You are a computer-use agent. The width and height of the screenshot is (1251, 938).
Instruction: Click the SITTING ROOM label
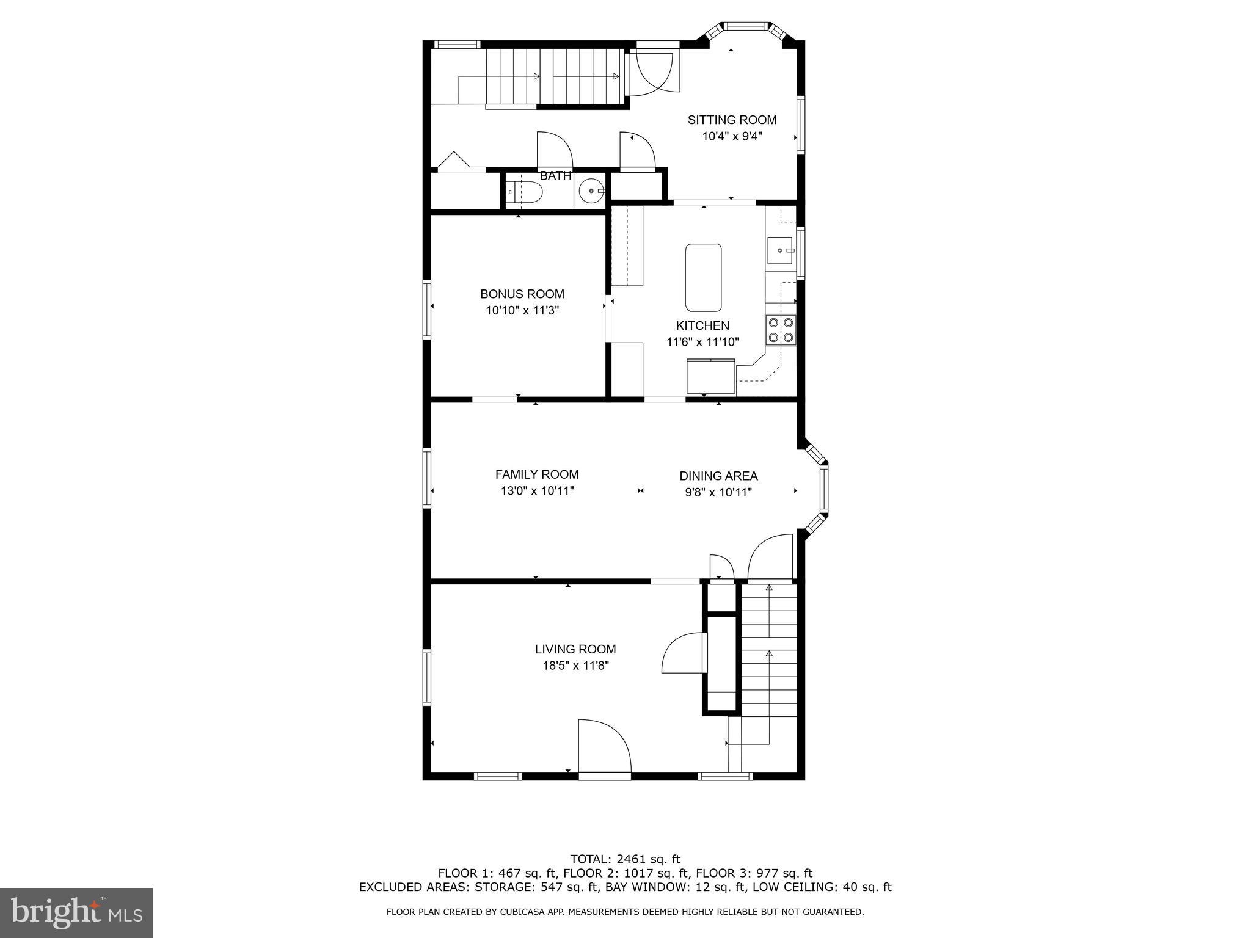(x=732, y=120)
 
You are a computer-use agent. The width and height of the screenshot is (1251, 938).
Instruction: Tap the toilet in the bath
(x=526, y=192)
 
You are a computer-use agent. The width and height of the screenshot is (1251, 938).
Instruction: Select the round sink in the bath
(x=591, y=191)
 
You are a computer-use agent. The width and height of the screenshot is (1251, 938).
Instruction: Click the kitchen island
(x=703, y=278)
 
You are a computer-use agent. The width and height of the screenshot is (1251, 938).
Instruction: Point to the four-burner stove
(x=781, y=330)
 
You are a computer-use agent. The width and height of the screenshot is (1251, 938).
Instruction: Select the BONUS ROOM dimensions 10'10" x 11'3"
(x=522, y=311)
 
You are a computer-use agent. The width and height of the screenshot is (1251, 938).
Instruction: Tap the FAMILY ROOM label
(x=537, y=474)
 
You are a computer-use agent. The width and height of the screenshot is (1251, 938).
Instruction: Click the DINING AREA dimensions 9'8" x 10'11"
(x=718, y=493)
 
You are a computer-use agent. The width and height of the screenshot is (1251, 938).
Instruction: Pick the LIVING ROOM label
(x=575, y=650)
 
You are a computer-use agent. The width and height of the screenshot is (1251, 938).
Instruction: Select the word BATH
(x=555, y=176)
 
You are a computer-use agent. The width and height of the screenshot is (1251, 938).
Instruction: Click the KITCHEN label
(x=702, y=326)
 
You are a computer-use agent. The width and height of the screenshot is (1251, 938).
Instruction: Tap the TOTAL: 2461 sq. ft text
(x=625, y=860)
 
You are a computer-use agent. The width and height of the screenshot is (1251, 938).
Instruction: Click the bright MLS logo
(x=76, y=912)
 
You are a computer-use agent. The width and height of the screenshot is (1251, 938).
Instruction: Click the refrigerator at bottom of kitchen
(x=710, y=377)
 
